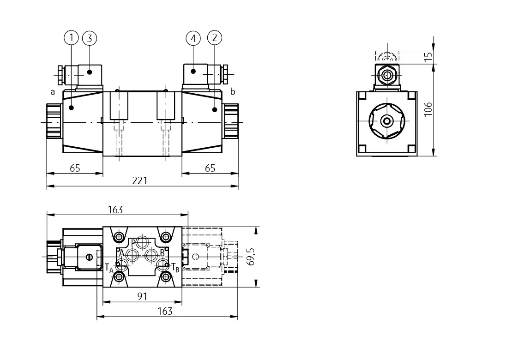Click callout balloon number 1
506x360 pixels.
pos(71,38)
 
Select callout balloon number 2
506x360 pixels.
pos(215,38)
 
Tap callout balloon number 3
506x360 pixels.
pos(90,38)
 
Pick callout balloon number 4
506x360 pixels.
pos(193,38)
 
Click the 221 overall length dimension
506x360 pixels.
pos(140,180)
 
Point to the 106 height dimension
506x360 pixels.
pos(428,109)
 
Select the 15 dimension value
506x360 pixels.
pos(428,57)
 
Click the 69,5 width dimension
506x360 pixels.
pos(250,257)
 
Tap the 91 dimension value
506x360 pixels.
pos(142,296)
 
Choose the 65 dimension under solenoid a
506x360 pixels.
pos(75,168)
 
